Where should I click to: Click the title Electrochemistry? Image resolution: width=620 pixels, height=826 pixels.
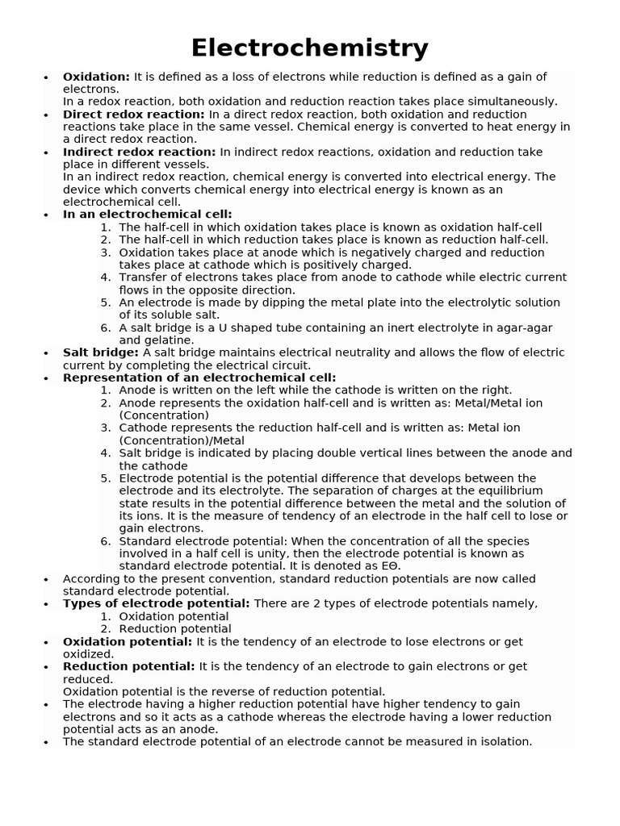pyautogui.click(x=309, y=48)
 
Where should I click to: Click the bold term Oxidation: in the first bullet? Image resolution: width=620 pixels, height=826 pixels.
pyautogui.click(x=96, y=77)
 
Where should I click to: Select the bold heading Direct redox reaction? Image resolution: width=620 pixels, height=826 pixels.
pyautogui.click(x=133, y=115)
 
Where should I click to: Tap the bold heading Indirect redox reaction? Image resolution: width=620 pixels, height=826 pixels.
pyautogui.click(x=139, y=152)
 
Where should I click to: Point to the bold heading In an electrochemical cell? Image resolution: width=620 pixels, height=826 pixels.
pyautogui.click(x=147, y=215)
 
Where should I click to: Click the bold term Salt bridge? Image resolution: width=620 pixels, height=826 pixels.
pyautogui.click(x=101, y=353)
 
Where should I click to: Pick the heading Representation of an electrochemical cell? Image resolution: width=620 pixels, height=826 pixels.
pyautogui.click(x=199, y=378)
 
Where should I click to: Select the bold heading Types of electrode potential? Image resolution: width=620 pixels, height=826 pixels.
pyautogui.click(x=156, y=603)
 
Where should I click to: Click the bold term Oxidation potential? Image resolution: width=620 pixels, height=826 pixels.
pyautogui.click(x=128, y=641)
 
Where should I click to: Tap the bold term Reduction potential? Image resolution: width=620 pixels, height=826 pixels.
pyautogui.click(x=128, y=666)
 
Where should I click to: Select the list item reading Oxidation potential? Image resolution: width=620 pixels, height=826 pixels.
pyautogui.click(x=174, y=616)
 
